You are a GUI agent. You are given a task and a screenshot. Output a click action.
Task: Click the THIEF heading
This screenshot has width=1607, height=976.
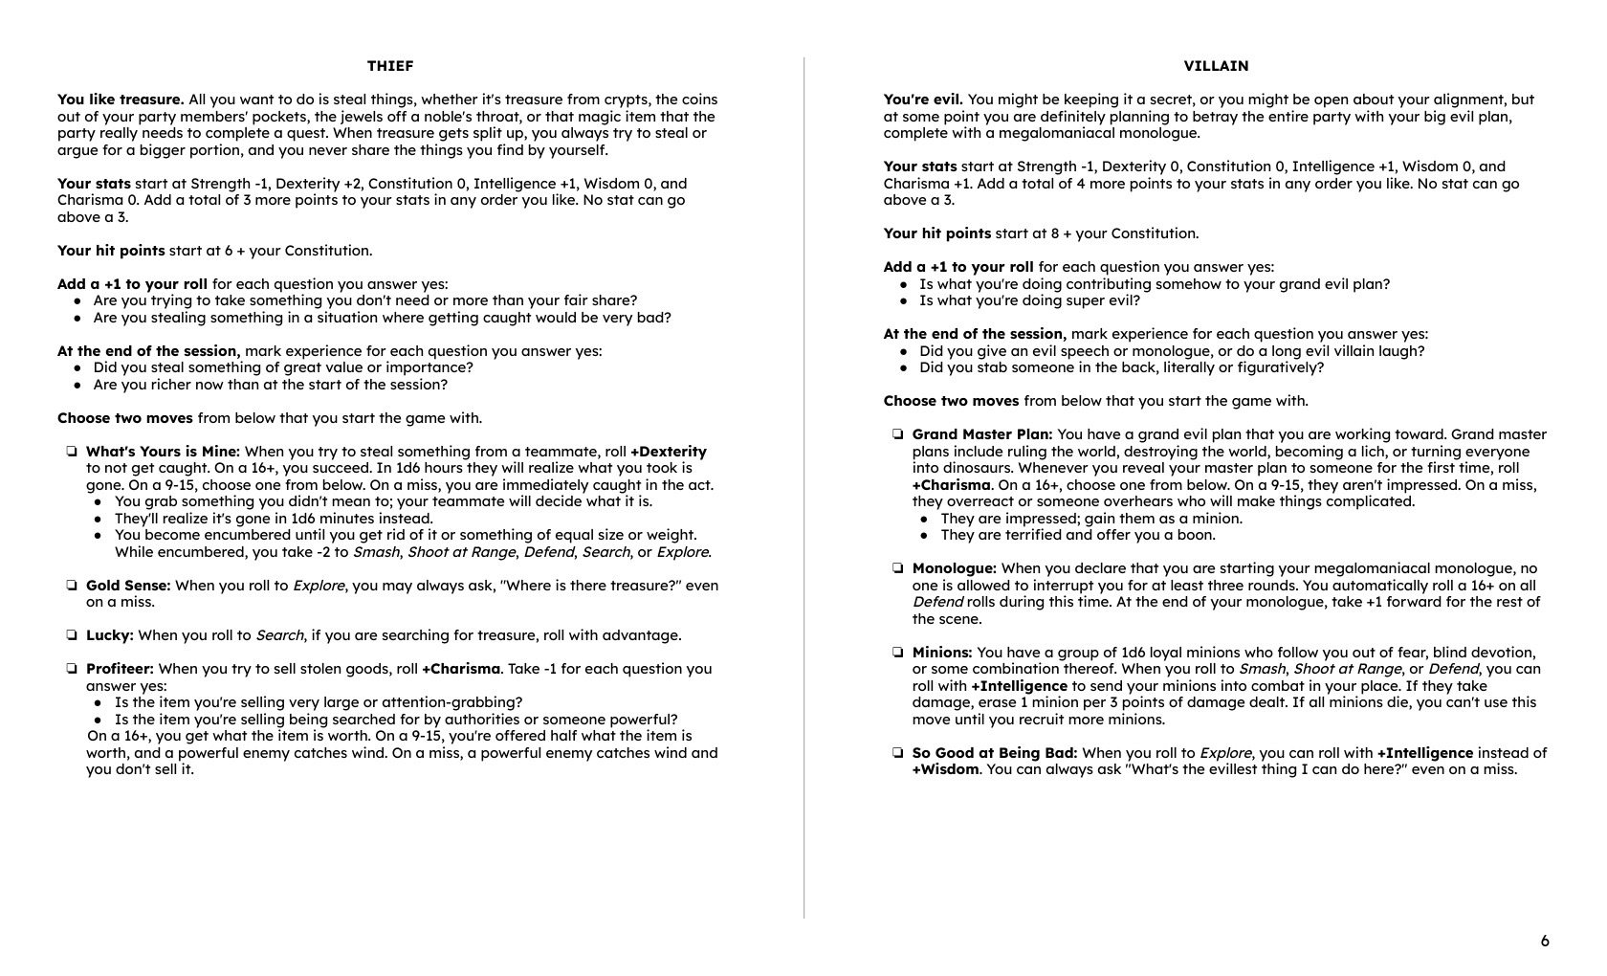[390, 66]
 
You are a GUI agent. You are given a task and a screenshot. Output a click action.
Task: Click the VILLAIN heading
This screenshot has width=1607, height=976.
[1216, 66]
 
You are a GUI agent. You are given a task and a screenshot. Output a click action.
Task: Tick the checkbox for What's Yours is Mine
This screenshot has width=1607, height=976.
[72, 452]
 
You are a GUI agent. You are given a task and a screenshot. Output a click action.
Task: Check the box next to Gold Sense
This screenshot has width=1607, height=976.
[72, 586]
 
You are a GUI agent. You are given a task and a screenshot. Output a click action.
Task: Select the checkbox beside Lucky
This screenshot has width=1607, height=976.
[72, 635]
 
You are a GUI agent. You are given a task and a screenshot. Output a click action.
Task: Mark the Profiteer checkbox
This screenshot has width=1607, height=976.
[72, 669]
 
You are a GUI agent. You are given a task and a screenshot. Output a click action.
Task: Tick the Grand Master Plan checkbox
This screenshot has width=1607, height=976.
[898, 434]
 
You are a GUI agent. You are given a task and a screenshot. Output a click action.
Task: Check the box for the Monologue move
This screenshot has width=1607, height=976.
[898, 568]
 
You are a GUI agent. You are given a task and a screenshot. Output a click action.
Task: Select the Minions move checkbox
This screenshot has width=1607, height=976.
[898, 653]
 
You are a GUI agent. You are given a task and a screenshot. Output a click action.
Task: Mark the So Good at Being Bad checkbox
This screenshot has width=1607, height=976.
[898, 753]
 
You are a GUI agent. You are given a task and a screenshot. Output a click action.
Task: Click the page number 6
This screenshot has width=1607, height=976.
[1545, 941]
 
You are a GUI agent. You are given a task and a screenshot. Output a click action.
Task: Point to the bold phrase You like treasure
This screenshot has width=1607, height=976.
[121, 100]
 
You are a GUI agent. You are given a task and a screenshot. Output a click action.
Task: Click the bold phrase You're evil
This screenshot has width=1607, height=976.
[923, 100]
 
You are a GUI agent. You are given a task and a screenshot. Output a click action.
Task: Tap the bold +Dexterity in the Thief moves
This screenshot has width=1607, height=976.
[669, 452]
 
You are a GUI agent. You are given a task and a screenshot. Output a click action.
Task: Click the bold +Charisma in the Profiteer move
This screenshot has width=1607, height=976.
[461, 669]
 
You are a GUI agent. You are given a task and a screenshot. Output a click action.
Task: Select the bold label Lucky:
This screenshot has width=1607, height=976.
[110, 635]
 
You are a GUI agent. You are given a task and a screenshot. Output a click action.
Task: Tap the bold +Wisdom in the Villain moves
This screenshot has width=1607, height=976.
[945, 769]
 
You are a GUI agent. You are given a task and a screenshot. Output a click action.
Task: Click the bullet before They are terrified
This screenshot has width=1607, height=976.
[925, 536]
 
